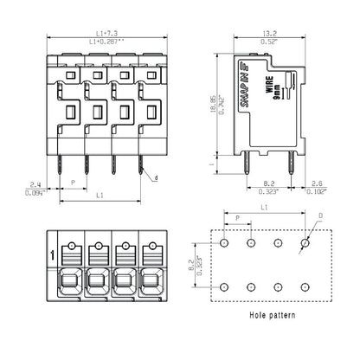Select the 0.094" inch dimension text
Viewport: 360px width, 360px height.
click(x=34, y=192)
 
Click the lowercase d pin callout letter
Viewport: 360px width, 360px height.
click(x=156, y=178)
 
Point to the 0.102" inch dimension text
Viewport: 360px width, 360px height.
click(x=317, y=192)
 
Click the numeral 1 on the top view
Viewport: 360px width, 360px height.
click(x=54, y=254)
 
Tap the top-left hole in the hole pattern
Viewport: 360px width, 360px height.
click(x=225, y=245)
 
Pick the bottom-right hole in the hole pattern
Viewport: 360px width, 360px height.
click(x=304, y=286)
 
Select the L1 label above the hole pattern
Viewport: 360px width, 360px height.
click(x=265, y=208)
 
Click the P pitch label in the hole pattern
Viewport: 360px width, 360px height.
click(x=238, y=218)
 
